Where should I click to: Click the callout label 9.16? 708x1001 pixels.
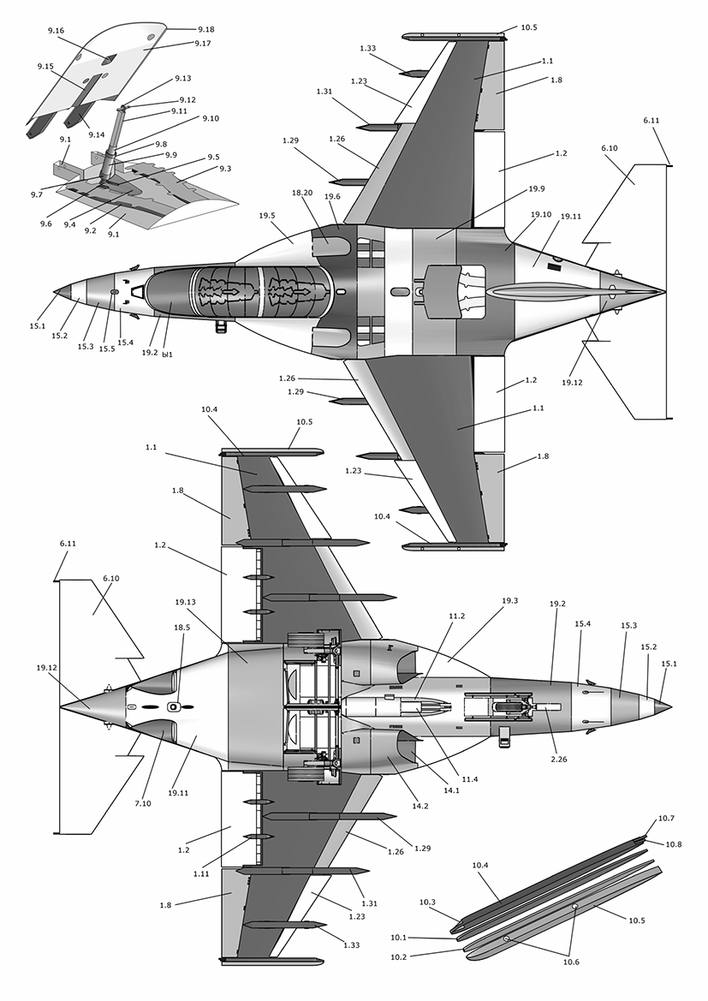[57, 31]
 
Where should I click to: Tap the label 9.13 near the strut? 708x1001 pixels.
[182, 79]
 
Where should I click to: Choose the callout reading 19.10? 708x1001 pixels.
[540, 216]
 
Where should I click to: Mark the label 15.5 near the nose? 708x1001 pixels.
[107, 349]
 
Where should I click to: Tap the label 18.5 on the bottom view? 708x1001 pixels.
[182, 628]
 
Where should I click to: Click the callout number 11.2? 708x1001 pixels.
[457, 616]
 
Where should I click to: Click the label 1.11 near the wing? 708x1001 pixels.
[201, 873]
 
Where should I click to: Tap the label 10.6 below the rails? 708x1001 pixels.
[571, 962]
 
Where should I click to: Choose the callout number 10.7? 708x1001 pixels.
[665, 819]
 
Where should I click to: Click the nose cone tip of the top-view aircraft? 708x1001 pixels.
[56, 293]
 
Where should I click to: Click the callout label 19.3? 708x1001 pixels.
[510, 601]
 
